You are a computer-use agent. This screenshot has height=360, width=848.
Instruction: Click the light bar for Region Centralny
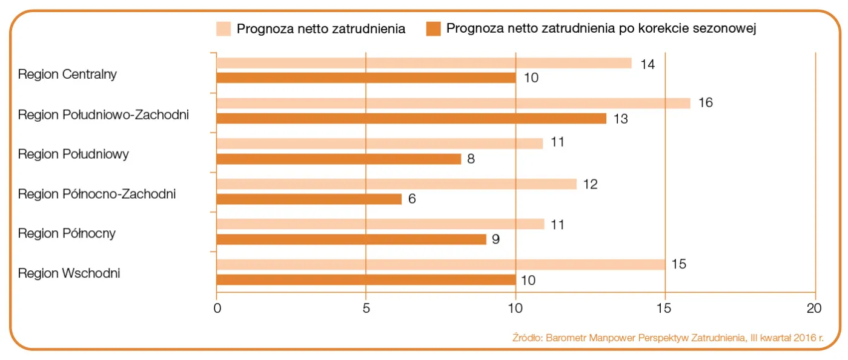pyautogui.click(x=423, y=63)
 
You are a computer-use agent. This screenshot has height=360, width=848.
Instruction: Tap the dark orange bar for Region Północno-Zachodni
pyautogui.click(x=309, y=199)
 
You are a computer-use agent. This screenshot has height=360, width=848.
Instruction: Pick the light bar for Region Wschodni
pyautogui.click(x=440, y=264)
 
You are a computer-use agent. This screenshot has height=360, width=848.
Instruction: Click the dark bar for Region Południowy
pyautogui.click(x=339, y=159)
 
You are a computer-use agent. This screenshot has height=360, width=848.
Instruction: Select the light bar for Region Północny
pyautogui.click(x=380, y=224)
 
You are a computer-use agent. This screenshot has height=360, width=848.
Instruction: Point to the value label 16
pyautogui.click(x=705, y=103)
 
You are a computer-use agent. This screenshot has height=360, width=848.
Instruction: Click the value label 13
pyautogui.click(x=620, y=119)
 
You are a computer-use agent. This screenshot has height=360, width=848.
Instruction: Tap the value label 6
pyautogui.click(x=412, y=199)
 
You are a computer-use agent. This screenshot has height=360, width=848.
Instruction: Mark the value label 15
pyautogui.click(x=679, y=265)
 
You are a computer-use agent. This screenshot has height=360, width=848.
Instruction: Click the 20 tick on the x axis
pyautogui.click(x=815, y=308)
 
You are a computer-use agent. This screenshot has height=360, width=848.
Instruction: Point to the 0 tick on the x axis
pyautogui.click(x=217, y=308)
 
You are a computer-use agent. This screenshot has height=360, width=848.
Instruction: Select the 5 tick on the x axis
pyautogui.click(x=366, y=308)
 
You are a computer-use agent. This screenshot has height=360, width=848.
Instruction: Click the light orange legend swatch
pyautogui.click(x=224, y=28)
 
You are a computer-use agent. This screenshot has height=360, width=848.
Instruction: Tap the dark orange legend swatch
pyautogui.click(x=433, y=28)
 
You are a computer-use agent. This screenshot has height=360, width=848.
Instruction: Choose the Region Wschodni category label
pyautogui.click(x=69, y=273)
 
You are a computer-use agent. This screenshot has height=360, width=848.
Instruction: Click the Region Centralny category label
pyautogui.click(x=67, y=75)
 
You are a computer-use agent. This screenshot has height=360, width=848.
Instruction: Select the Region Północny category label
pyautogui.click(x=67, y=233)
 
